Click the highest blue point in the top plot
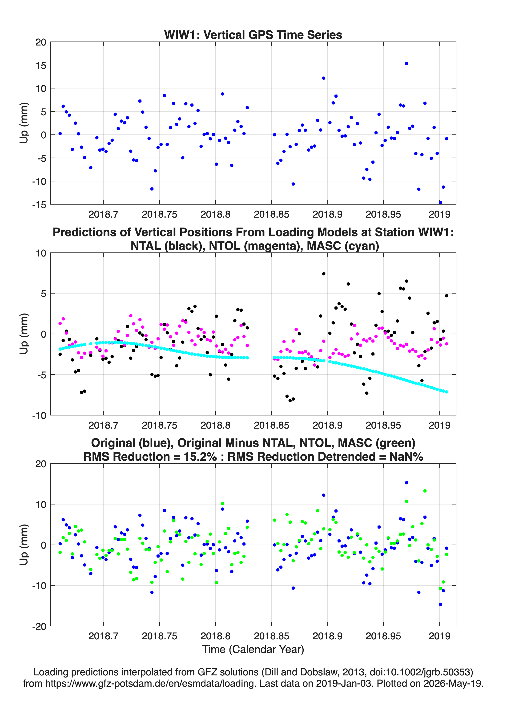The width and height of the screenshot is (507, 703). [x=406, y=64]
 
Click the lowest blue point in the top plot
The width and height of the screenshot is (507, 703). [x=440, y=203]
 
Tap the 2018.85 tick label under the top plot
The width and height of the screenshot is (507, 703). [x=271, y=214]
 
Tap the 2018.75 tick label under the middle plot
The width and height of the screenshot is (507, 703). [x=159, y=425]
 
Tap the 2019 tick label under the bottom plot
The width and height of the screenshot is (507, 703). [x=439, y=636]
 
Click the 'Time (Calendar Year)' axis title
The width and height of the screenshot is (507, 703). [x=253, y=649]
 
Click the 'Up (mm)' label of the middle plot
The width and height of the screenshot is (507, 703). [x=24, y=334]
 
